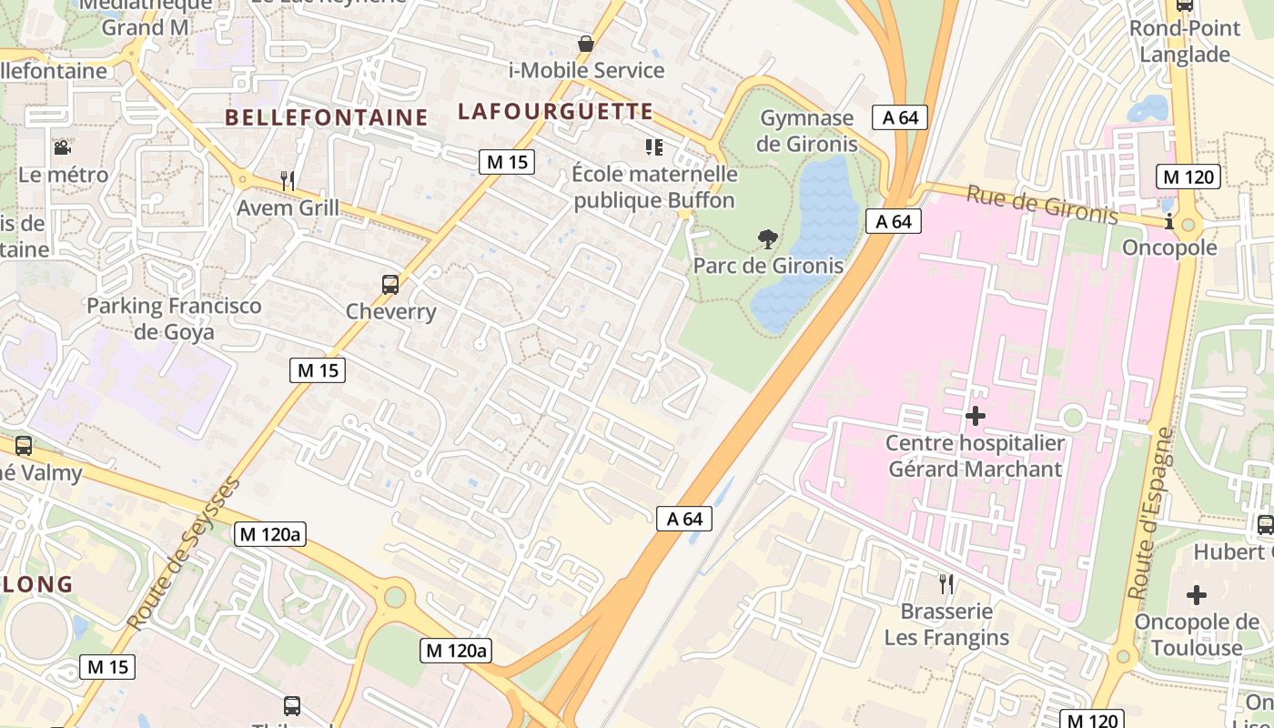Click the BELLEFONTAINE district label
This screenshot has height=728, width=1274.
326,117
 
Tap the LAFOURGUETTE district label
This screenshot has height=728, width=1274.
555,112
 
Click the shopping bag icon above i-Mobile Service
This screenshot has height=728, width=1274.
586,44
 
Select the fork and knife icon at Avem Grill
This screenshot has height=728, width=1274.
288,180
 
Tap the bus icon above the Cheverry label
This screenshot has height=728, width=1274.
390,285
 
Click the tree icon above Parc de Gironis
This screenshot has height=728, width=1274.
768,239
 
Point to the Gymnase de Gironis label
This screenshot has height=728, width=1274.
807,130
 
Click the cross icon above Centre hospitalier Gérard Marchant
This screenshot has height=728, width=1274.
975,416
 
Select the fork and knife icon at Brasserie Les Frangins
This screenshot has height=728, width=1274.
946,583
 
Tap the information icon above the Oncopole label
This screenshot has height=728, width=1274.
1169,221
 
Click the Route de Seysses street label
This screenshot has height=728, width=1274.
184,552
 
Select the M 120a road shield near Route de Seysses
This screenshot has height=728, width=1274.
269,534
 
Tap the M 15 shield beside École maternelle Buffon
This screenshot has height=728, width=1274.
506,162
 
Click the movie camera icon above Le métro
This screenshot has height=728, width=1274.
62,147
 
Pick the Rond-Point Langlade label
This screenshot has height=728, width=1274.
1185,41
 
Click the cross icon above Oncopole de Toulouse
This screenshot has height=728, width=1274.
1196,595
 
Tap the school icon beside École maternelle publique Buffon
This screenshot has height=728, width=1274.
653,147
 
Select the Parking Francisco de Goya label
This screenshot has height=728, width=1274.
174,318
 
